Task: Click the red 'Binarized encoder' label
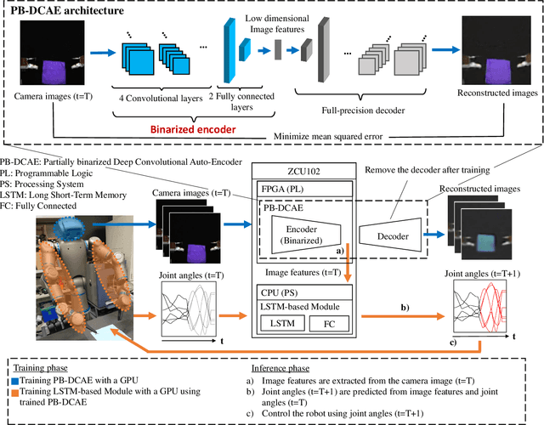pyautogui.click(x=186, y=130)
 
